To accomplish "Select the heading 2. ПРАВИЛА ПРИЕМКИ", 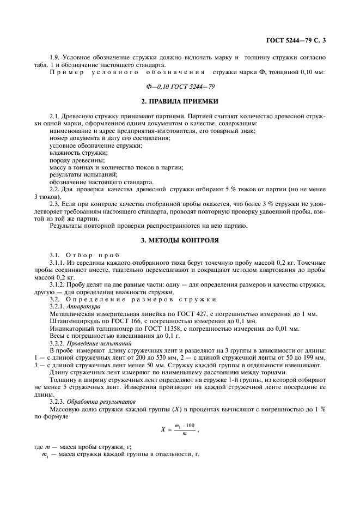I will coord(180,101).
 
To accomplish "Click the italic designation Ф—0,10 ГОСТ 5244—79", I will coord(180,86).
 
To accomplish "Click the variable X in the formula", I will coord(162,429).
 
